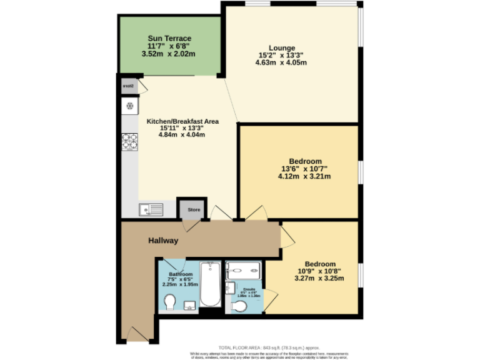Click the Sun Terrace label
169,39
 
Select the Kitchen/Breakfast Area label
182,121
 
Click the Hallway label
163,241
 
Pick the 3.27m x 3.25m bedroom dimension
320,279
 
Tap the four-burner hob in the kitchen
129,142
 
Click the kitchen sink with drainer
150,209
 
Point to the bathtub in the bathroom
210,284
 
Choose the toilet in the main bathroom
169,302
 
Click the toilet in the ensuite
239,306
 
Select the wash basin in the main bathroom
190,305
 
